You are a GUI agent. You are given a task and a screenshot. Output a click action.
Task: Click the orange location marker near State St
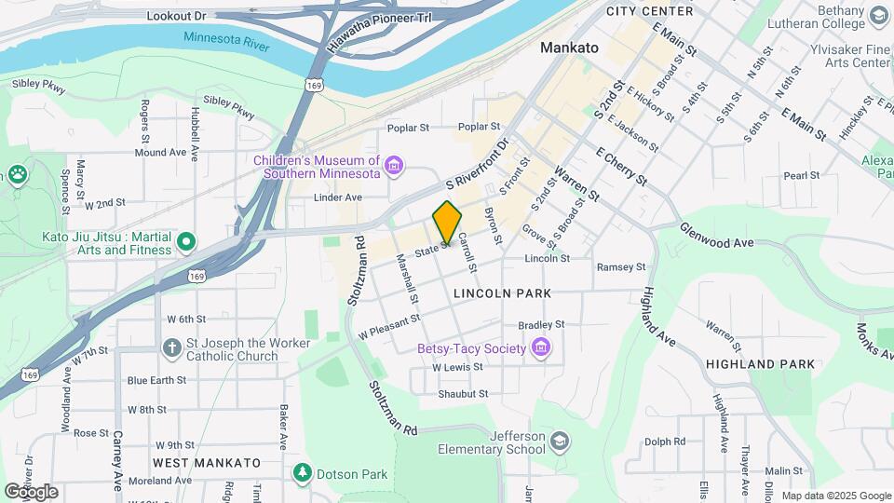coord(447,222)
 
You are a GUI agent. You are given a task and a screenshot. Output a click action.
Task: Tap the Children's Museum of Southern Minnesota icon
coord(395,167)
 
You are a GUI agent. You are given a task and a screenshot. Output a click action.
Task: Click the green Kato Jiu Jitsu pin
coord(186,243)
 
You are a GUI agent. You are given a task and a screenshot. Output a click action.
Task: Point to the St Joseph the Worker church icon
coord(171,349)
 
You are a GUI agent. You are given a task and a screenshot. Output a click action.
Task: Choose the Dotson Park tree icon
coord(302,474)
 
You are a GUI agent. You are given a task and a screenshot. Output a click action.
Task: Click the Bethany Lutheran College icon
coord(878,16)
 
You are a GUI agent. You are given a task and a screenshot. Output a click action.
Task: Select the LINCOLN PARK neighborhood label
coord(502,293)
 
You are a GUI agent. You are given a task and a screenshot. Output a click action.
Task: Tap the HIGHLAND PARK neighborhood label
coord(760,364)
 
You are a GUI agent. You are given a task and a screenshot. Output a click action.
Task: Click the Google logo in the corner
coord(31,491)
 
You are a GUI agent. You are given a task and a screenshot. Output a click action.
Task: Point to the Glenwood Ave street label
coord(716,236)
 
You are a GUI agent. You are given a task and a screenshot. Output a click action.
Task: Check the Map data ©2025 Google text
coord(835,496)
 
